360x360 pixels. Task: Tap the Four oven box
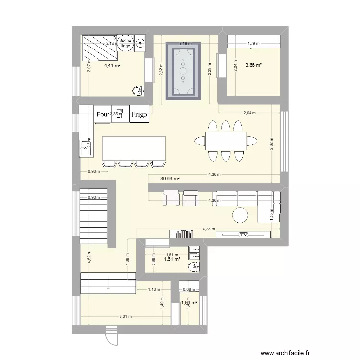(x=103, y=114)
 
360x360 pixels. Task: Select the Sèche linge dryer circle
(x=125, y=43)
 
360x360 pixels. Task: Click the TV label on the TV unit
(x=243, y=235)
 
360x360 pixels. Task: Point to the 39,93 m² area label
(x=170, y=178)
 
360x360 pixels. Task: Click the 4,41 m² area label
(x=112, y=66)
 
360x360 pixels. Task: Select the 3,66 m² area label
(x=253, y=65)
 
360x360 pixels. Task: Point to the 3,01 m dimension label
(x=126, y=316)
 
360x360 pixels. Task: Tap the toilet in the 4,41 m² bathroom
(x=138, y=89)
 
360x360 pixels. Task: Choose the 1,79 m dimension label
(x=253, y=43)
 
